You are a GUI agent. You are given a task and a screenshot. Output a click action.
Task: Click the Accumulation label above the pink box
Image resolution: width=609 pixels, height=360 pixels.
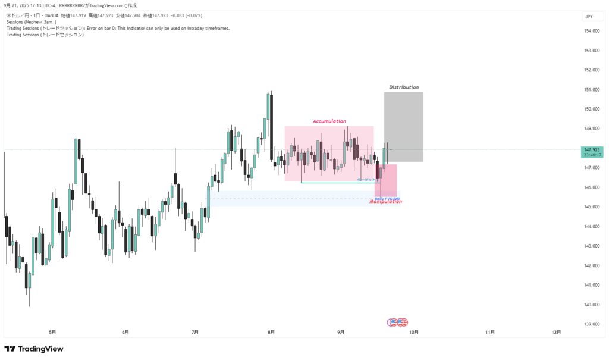(x=329, y=121)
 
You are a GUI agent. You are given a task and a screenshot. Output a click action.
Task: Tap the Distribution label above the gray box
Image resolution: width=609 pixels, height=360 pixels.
(x=404, y=87)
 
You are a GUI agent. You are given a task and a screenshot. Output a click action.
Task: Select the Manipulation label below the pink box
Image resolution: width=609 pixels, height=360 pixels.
(x=386, y=202)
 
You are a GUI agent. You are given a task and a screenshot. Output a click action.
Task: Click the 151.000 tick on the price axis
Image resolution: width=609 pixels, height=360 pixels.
(x=591, y=90)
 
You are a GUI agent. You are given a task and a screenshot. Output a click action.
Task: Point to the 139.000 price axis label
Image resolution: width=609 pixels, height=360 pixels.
(x=591, y=324)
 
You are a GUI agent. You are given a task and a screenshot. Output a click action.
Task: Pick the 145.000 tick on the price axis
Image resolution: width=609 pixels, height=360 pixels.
(x=591, y=207)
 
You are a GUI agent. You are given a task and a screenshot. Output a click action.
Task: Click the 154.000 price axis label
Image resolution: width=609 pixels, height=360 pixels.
(x=591, y=32)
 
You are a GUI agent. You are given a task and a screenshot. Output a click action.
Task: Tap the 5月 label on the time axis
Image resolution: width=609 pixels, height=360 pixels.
(x=52, y=332)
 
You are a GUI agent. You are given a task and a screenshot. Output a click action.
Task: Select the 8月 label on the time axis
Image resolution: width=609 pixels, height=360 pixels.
(x=271, y=332)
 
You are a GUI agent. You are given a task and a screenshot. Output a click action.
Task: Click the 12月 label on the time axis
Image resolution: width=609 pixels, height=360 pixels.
(x=555, y=332)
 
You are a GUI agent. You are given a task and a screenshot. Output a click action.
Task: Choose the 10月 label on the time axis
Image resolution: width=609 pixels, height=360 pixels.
(x=414, y=332)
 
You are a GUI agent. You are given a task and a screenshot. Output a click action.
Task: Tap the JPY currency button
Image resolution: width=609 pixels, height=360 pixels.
(x=589, y=17)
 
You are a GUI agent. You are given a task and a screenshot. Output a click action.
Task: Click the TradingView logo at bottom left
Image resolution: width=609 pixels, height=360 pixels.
(x=34, y=349)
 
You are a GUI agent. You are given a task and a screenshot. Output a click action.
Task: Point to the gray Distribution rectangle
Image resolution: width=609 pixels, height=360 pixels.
(x=404, y=127)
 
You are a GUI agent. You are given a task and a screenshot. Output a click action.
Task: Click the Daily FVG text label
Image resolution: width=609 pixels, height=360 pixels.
(x=387, y=198)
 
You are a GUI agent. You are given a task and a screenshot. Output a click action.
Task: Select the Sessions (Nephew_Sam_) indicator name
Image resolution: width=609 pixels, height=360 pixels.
(x=31, y=21)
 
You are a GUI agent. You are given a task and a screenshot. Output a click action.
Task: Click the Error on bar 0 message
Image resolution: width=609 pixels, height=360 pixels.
(x=158, y=28)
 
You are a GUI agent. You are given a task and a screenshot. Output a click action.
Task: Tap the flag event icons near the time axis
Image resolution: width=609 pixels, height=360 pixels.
(x=397, y=322)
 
